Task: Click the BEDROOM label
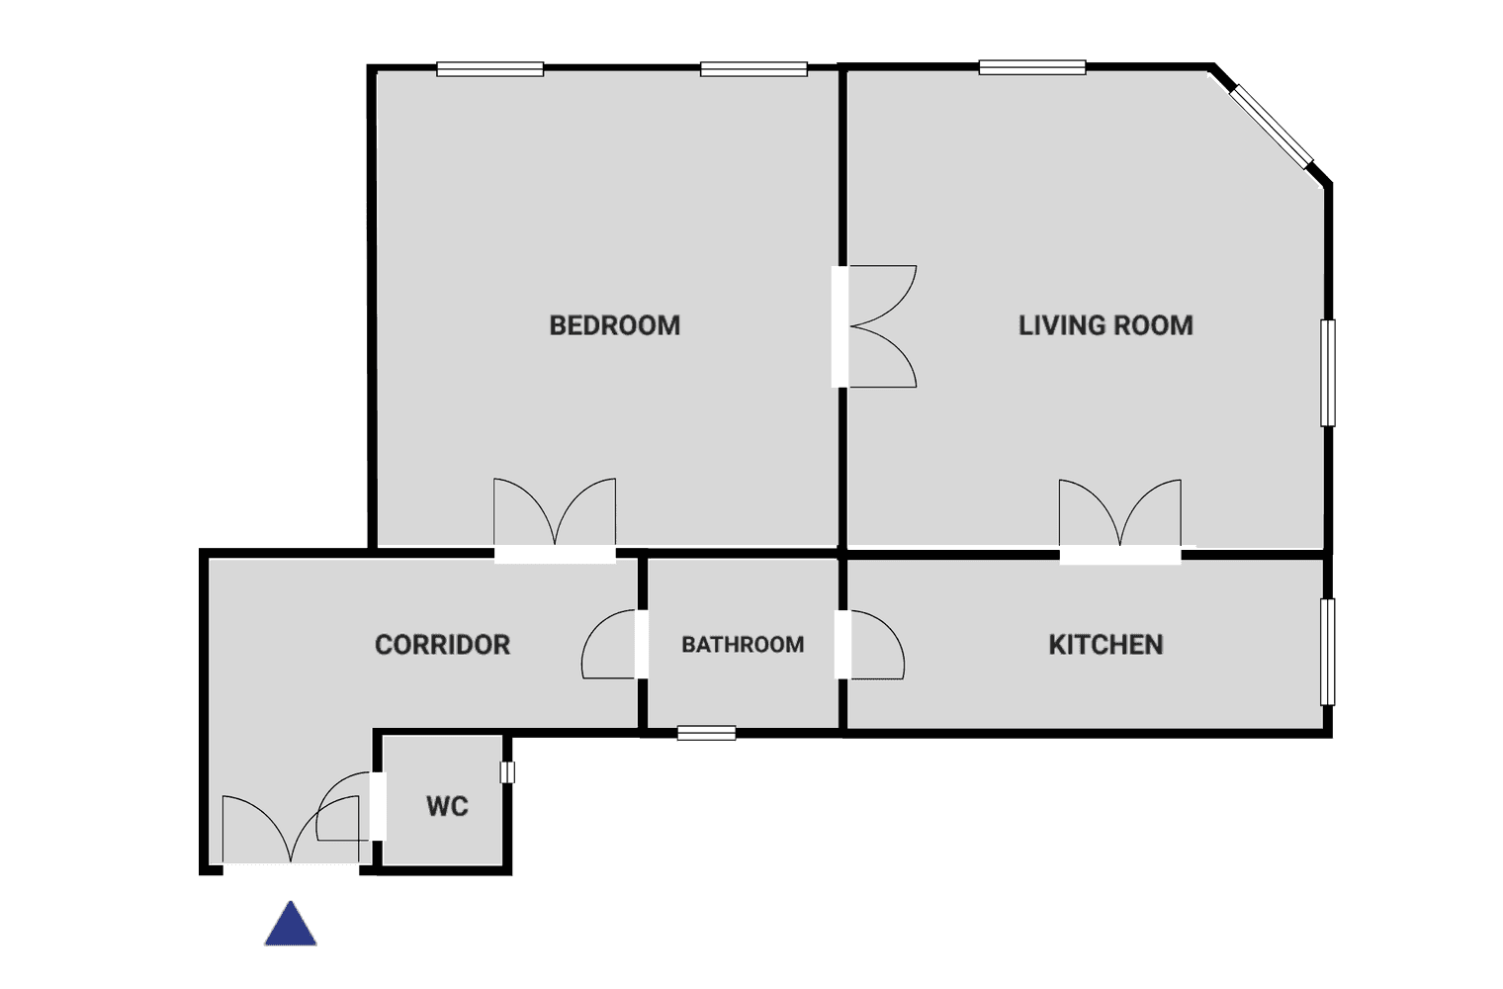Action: tap(615, 325)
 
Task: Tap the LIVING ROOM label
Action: tap(1105, 325)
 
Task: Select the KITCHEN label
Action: tap(1105, 645)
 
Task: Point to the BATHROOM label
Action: tap(743, 645)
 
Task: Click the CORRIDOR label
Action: tap(442, 645)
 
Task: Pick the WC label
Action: tap(447, 806)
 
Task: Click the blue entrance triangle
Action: tap(291, 924)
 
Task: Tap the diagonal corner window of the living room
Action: tap(1271, 127)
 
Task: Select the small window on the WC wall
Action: tap(507, 772)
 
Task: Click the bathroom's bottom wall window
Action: tap(707, 733)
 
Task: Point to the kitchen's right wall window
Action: tap(1327, 652)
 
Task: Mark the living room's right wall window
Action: tap(1327, 373)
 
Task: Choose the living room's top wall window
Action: tap(1032, 67)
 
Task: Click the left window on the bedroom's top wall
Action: tap(489, 69)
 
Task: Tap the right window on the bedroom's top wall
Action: tap(753, 69)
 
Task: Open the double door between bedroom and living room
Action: tap(875, 326)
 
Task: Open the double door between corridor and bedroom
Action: tap(555, 520)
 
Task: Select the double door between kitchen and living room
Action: tap(1120, 521)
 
